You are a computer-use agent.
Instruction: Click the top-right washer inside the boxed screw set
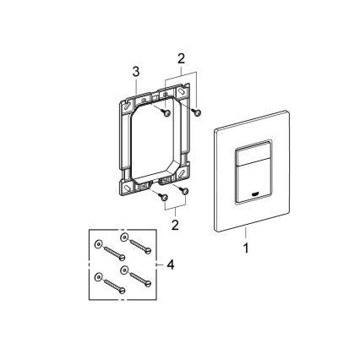(x=126, y=237)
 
